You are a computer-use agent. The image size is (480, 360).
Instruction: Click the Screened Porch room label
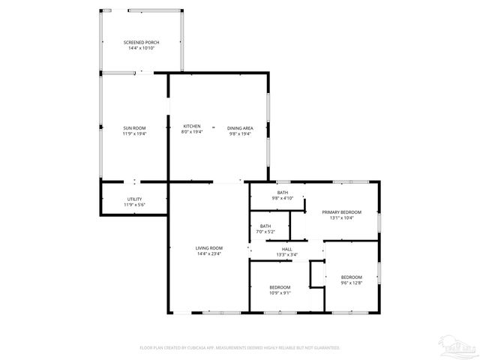point(141,42)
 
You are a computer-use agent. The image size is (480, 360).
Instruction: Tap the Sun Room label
point(134,128)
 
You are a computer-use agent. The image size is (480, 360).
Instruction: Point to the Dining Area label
point(240,128)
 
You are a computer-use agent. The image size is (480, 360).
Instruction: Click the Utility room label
point(134,199)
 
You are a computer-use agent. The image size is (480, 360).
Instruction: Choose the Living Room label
point(209,248)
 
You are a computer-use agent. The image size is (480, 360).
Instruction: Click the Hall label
point(287,249)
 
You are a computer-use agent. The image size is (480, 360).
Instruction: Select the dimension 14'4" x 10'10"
point(141,48)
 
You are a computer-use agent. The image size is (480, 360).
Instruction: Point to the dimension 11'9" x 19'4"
point(134,134)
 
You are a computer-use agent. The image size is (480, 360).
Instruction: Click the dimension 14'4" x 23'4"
point(209,254)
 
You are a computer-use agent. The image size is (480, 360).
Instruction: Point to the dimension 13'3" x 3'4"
point(287,255)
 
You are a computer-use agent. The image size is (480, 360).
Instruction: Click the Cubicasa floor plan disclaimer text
point(240,348)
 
